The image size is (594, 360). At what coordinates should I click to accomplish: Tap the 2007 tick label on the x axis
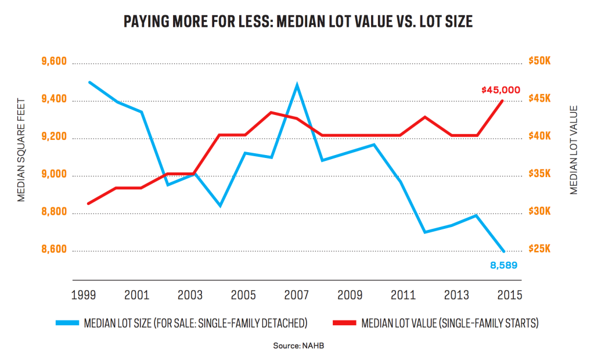(296, 294)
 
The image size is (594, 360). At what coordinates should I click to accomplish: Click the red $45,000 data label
(501, 90)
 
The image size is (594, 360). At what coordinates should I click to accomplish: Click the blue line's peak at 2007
(297, 85)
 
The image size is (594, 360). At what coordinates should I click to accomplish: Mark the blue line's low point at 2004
(219, 206)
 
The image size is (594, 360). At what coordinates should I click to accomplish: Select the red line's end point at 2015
(503, 100)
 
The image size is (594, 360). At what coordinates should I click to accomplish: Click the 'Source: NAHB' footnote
(297, 346)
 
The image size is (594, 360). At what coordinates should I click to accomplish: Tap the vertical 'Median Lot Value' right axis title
(573, 150)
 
